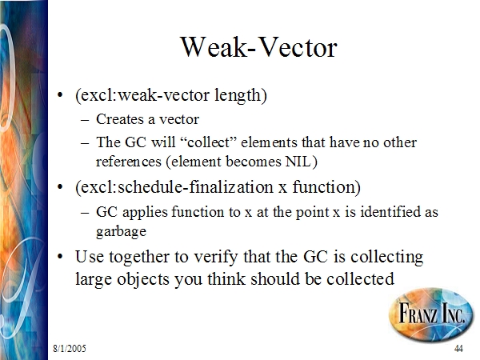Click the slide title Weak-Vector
tap(259, 47)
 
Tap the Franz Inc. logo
tap(431, 314)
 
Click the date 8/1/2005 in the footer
tap(70, 348)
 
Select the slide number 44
tap(458, 348)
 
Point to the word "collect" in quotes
tap(206, 142)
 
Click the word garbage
tap(121, 232)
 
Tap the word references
tap(129, 162)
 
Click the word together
tap(139, 257)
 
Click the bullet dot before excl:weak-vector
tap(60, 94)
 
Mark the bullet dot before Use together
tap(60, 256)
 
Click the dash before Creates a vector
tap(85, 120)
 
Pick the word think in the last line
tap(226, 279)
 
